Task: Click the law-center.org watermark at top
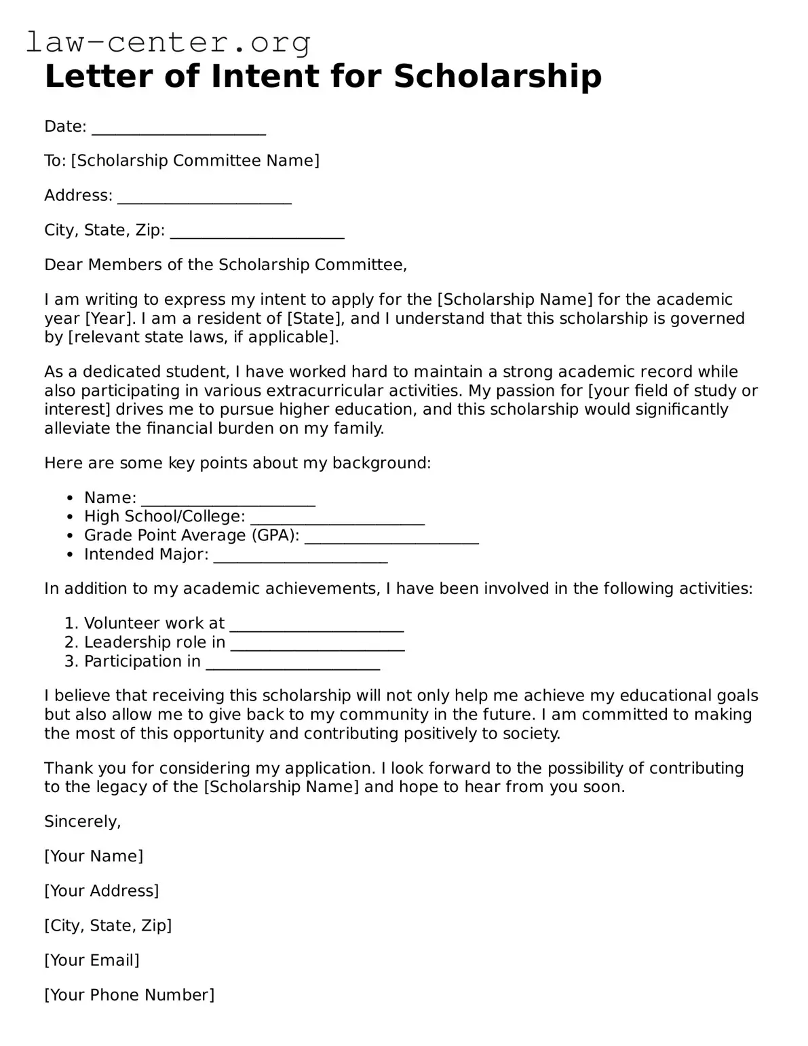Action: coord(168,42)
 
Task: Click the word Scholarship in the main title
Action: coord(497,77)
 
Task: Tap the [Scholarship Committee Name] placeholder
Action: coord(195,161)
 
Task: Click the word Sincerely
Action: coord(82,821)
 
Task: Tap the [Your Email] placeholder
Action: coord(92,960)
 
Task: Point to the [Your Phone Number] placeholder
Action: coord(129,994)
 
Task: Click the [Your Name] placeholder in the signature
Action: coord(94,856)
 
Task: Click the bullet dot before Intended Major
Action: coord(71,555)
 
